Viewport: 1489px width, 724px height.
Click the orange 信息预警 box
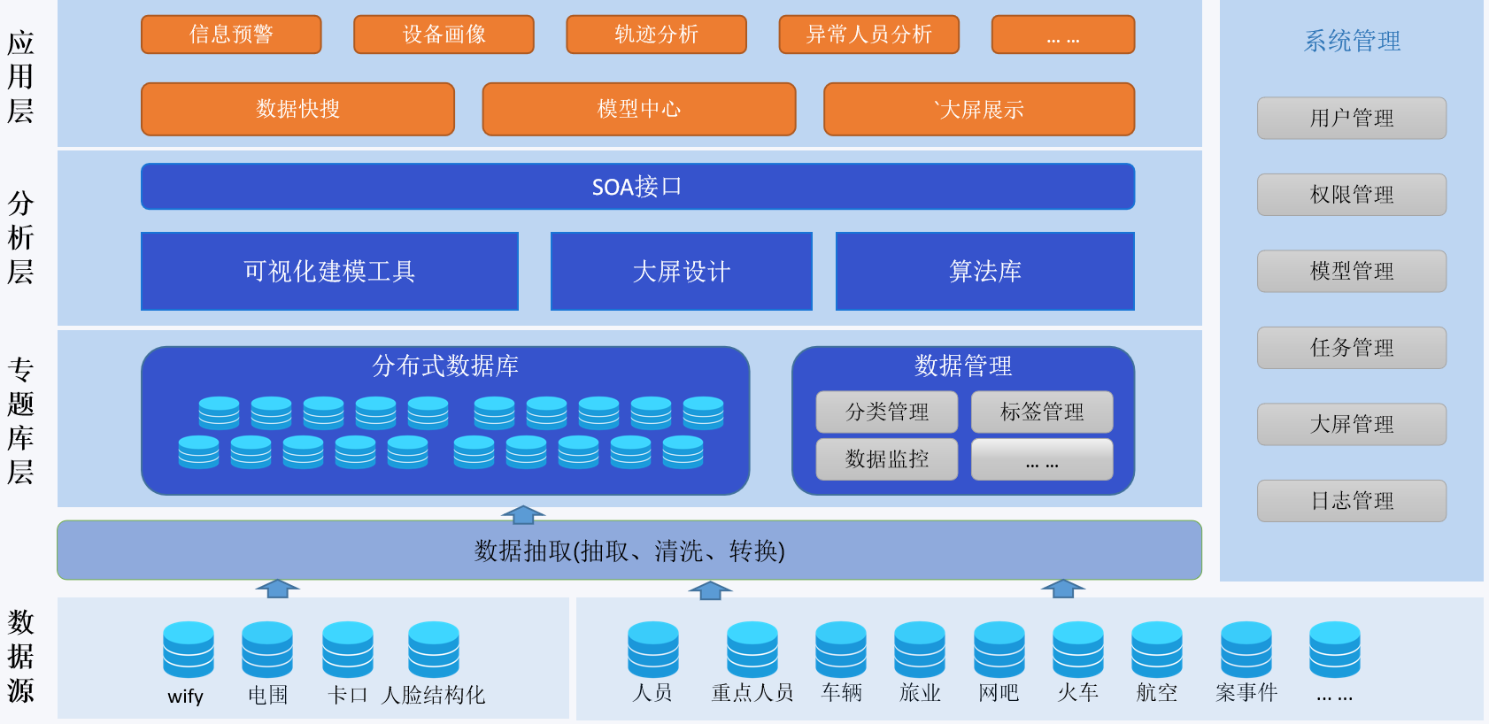(231, 35)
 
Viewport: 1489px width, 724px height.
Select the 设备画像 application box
(444, 35)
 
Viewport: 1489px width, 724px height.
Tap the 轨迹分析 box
(656, 35)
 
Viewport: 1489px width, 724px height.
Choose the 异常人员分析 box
(868, 35)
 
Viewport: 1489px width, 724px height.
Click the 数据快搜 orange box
(297, 109)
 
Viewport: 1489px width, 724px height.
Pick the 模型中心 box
(638, 109)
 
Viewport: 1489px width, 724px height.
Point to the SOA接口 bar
(637, 187)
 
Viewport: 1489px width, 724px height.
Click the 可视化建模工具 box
(329, 271)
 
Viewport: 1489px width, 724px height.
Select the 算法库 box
(984, 271)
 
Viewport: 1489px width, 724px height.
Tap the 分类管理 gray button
(886, 412)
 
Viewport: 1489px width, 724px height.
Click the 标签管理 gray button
(1041, 412)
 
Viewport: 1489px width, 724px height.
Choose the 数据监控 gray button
(886, 459)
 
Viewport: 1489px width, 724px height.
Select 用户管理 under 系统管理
(1351, 119)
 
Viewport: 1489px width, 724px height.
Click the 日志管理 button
(1351, 501)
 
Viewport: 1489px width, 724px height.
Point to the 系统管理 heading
(1351, 41)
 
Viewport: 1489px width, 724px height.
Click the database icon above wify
(189, 650)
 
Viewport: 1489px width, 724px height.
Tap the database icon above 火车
(1077, 650)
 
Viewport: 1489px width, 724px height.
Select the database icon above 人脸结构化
(434, 650)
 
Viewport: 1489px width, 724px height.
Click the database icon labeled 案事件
(1246, 650)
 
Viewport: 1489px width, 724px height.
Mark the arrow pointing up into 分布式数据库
(523, 514)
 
